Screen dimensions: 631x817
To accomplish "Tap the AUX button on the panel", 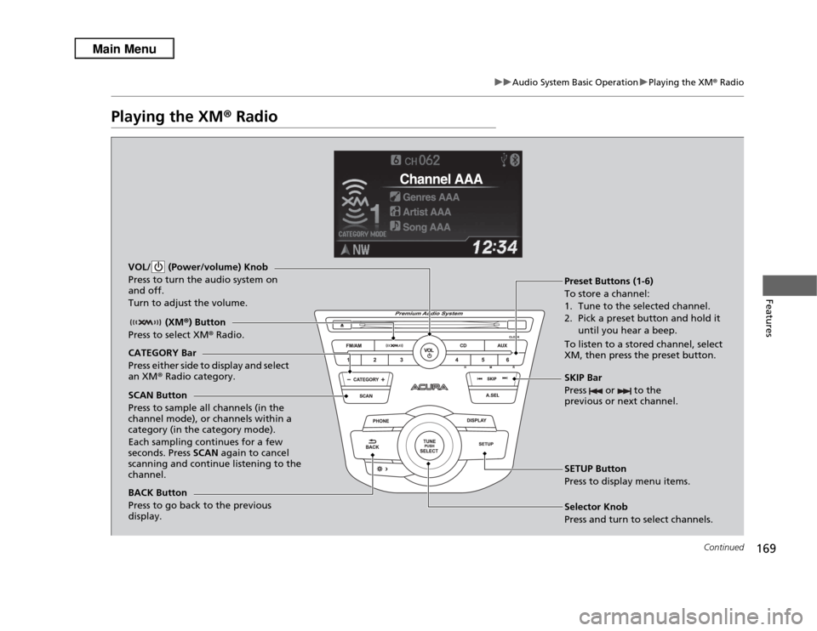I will point(501,345).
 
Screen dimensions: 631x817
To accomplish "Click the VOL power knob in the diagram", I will point(429,350).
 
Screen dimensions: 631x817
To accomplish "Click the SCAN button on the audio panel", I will point(366,395).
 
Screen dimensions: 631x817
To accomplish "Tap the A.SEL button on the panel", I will point(492,395).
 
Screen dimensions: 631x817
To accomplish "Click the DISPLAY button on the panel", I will point(477,421).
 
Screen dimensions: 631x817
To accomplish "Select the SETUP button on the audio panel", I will point(485,443).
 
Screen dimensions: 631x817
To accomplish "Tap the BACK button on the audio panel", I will point(372,443).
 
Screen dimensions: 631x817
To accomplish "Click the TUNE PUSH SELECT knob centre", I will point(429,445).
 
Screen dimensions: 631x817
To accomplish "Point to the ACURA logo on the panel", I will point(429,386).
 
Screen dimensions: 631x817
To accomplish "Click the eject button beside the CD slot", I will point(340,325).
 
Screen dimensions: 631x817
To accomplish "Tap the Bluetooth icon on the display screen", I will point(514,158).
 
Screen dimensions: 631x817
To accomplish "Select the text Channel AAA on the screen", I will point(442,179).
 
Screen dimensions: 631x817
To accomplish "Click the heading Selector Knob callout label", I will point(596,507).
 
